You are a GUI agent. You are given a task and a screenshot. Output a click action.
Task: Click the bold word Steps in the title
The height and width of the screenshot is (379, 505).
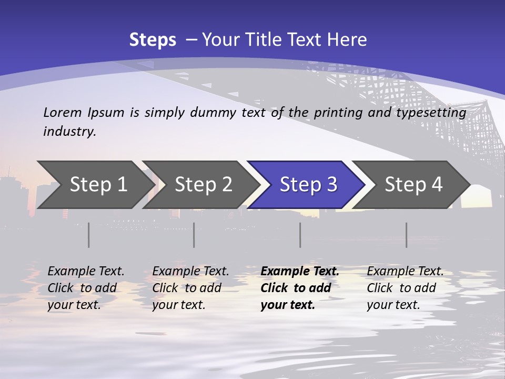pyautogui.click(x=153, y=40)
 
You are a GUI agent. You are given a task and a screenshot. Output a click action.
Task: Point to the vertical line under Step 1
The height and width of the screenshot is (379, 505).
pyautogui.click(x=89, y=235)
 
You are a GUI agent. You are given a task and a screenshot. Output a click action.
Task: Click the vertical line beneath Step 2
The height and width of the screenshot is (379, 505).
pyautogui.click(x=194, y=235)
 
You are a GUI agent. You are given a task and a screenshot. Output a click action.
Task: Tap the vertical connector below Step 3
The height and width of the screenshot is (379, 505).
pyautogui.click(x=300, y=235)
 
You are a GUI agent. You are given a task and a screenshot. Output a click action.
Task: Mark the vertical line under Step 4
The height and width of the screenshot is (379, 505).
pyautogui.click(x=406, y=235)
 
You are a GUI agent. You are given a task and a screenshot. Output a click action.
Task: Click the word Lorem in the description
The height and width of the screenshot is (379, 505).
pyautogui.click(x=63, y=112)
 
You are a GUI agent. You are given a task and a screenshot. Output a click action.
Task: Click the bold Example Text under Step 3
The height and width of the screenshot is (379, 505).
pyautogui.click(x=300, y=271)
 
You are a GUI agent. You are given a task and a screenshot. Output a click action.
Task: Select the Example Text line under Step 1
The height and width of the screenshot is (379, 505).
pyautogui.click(x=86, y=271)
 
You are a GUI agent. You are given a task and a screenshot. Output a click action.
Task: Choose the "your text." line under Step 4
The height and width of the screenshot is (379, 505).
pyautogui.click(x=393, y=305)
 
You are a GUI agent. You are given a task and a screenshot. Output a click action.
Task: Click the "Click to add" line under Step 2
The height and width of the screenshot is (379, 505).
pyautogui.click(x=187, y=288)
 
